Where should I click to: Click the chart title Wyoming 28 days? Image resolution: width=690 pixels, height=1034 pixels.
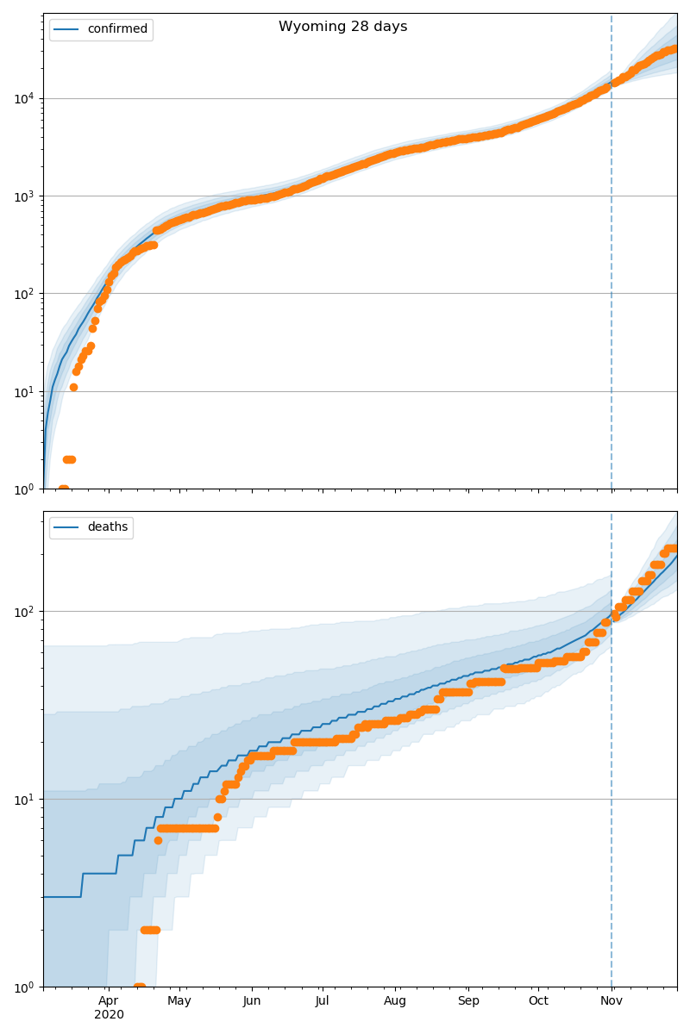coord(342,27)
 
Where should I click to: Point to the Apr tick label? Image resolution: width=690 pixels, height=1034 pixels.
coord(108,1000)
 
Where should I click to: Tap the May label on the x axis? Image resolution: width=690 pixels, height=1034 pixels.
coord(179,1000)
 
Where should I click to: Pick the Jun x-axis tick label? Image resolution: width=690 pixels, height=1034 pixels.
coord(252,1000)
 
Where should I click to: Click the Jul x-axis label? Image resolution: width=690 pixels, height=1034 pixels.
coord(322,1000)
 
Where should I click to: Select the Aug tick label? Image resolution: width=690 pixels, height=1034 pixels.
coord(395,1000)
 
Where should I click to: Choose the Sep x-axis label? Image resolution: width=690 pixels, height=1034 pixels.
coord(468,1000)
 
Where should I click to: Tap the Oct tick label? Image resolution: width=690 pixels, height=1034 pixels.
coord(538,1000)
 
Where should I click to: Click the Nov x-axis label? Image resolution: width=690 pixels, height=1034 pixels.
coord(612,1000)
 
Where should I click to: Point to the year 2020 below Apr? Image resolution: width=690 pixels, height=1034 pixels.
coord(109,1014)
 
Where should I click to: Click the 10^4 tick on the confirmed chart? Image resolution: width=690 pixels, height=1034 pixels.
coord(22,98)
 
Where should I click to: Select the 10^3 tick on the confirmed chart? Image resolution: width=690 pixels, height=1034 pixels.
coord(22,196)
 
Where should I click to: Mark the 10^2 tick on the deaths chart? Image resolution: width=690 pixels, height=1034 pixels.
coord(22,611)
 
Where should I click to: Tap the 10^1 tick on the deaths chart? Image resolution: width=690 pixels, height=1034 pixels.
coord(22,799)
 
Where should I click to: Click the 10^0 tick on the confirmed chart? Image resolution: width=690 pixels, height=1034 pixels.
coord(22,489)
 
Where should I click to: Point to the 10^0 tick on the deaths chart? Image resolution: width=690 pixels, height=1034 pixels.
coord(22,986)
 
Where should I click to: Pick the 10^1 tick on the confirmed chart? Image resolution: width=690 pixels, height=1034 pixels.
coord(22,391)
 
